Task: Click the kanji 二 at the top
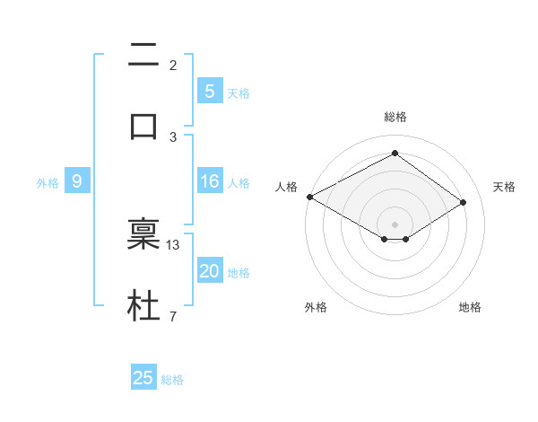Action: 143,57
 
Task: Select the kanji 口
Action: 143,127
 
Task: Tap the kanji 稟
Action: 143,233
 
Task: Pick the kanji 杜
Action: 143,306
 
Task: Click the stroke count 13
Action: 174,244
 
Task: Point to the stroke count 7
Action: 173,316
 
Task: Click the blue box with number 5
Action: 209,91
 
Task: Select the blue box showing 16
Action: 209,182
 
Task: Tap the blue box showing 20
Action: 209,272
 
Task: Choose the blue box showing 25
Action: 143,378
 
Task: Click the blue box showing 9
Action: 77,182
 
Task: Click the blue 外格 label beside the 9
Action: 48,183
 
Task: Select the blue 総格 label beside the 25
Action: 172,380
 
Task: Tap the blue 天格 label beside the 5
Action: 239,92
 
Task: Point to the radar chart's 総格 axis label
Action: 395,117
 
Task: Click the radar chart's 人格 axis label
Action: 286,187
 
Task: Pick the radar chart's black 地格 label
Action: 470,307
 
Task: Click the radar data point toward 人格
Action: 309,197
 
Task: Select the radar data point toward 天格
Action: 464,203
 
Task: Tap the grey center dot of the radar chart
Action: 395,224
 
